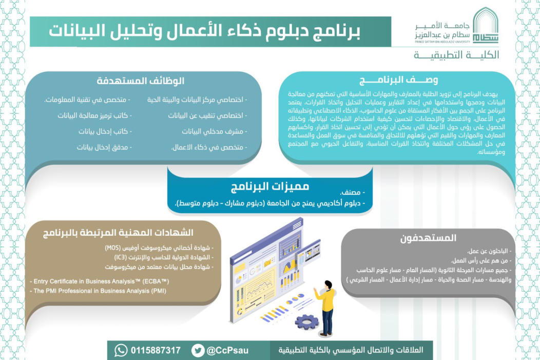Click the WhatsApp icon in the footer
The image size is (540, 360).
point(121,350)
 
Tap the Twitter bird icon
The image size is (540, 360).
point(198,350)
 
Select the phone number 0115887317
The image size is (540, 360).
point(156,350)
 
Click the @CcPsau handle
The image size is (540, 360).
point(227,350)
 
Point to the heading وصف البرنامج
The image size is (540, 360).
point(399,80)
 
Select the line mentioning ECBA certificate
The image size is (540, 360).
point(100,281)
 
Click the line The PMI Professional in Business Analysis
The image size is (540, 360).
point(100,291)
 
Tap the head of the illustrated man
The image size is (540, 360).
point(326,284)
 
